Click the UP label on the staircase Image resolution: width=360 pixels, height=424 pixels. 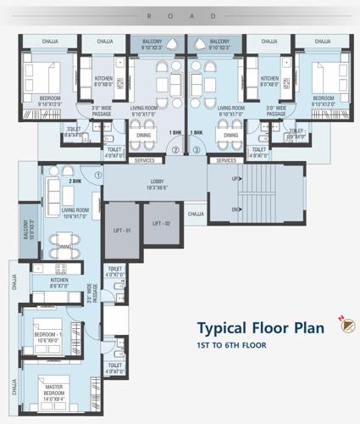click(235, 180)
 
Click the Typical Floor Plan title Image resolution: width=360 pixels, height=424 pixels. click(260, 328)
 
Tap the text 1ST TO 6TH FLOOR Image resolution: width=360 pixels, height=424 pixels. click(232, 346)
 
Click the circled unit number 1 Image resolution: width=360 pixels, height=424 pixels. click(98, 176)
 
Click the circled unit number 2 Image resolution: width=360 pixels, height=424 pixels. click(175, 150)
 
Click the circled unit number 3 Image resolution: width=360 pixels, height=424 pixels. click(196, 150)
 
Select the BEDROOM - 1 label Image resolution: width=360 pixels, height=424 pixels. click(48, 336)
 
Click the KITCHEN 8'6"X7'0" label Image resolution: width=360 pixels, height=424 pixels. click(58, 283)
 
